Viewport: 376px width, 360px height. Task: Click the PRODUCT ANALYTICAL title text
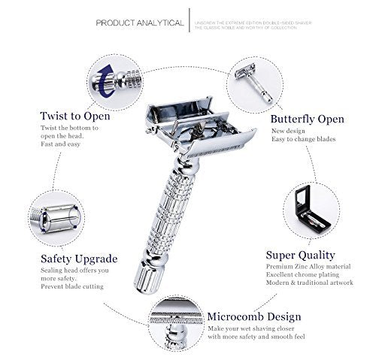[x=140, y=23]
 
